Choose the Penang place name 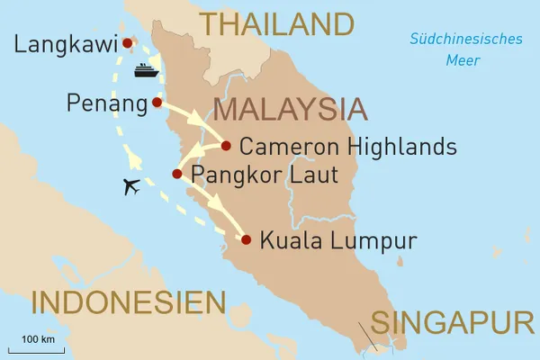point(106,104)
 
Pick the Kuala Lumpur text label point(337,240)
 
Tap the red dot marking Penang point(157,103)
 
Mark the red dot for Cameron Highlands point(225,145)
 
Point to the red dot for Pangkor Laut point(178,174)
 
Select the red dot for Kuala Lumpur point(245,239)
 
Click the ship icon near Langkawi point(146,70)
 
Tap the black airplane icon point(132,187)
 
